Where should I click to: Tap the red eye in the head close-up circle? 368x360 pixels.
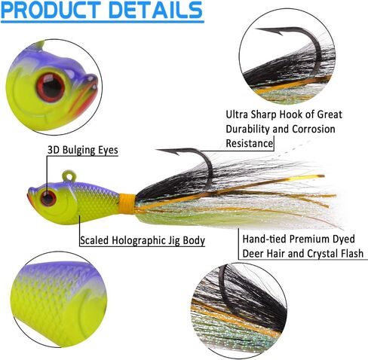51,87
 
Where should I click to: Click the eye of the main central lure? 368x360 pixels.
48,198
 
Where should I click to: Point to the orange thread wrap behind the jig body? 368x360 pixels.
127,203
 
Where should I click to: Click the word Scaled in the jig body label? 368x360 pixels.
94,240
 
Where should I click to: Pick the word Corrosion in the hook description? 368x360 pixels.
314,129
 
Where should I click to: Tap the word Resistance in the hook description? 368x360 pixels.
250,143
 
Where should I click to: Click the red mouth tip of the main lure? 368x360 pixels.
29,197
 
